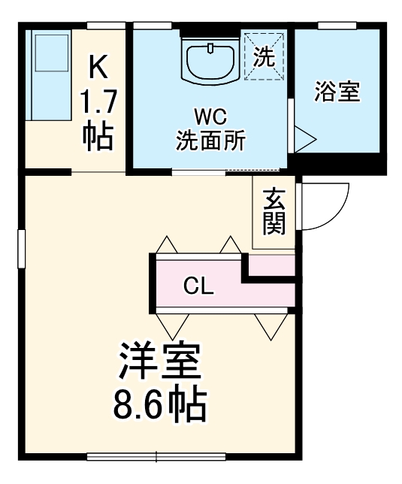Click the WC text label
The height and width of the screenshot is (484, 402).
210,117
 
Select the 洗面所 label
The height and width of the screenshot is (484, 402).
210,141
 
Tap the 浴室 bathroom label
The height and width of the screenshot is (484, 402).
337,92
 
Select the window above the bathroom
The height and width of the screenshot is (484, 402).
336,26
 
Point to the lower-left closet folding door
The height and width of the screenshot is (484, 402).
173,325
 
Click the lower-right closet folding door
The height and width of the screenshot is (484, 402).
270,325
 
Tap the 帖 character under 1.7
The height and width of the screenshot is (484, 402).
98,135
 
